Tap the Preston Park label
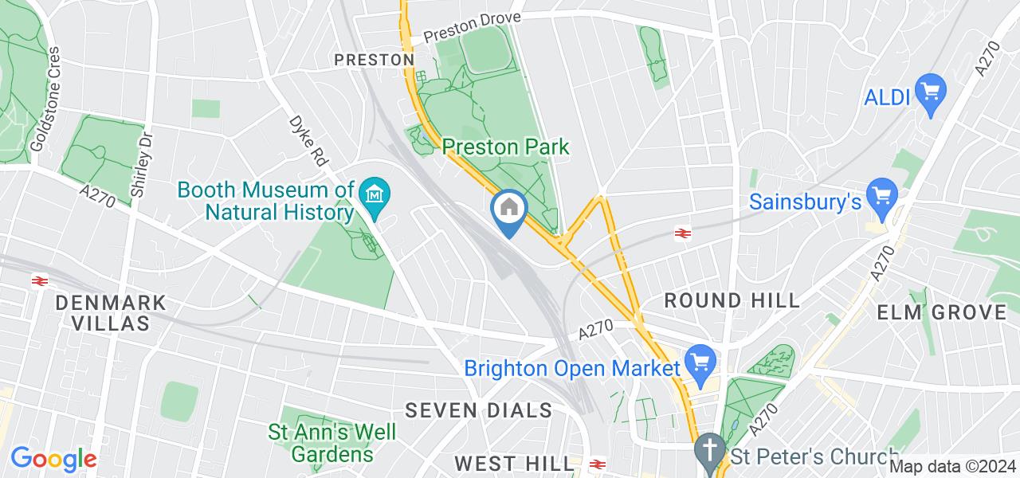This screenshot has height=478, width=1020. (506, 147)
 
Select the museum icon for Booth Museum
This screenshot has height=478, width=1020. (373, 194)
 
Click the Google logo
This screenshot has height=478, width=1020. (53, 460)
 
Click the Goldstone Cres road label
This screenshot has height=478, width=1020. (45, 100)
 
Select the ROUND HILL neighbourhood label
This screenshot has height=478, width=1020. (732, 300)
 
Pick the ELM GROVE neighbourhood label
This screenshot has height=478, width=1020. (942, 312)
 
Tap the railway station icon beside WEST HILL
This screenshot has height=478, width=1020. (597, 463)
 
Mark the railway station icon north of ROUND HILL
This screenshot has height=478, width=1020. (682, 233)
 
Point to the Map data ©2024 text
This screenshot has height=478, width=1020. (953, 467)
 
